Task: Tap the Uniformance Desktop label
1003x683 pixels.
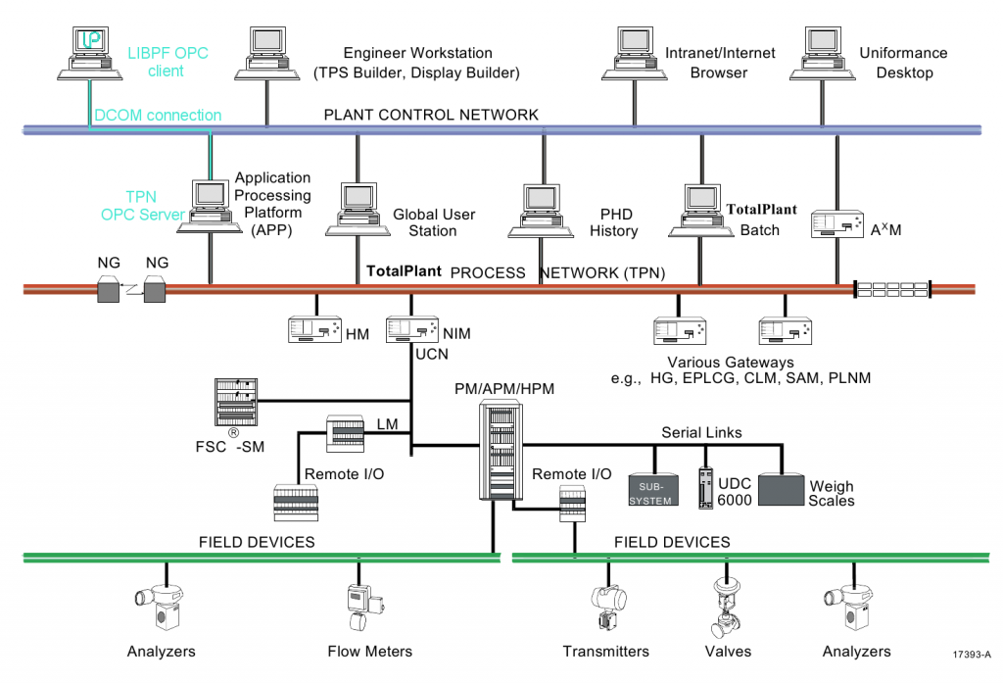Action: tap(903, 63)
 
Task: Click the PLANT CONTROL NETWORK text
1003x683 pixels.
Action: tap(431, 115)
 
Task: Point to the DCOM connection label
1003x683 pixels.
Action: tap(158, 115)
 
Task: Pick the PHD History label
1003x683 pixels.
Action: tap(613, 222)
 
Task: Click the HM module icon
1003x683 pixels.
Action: tap(314, 330)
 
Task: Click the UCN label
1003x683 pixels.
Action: tap(432, 353)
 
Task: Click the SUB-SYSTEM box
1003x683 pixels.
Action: tap(650, 487)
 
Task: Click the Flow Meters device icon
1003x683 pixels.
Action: tap(361, 607)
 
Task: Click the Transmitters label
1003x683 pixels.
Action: tap(605, 651)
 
